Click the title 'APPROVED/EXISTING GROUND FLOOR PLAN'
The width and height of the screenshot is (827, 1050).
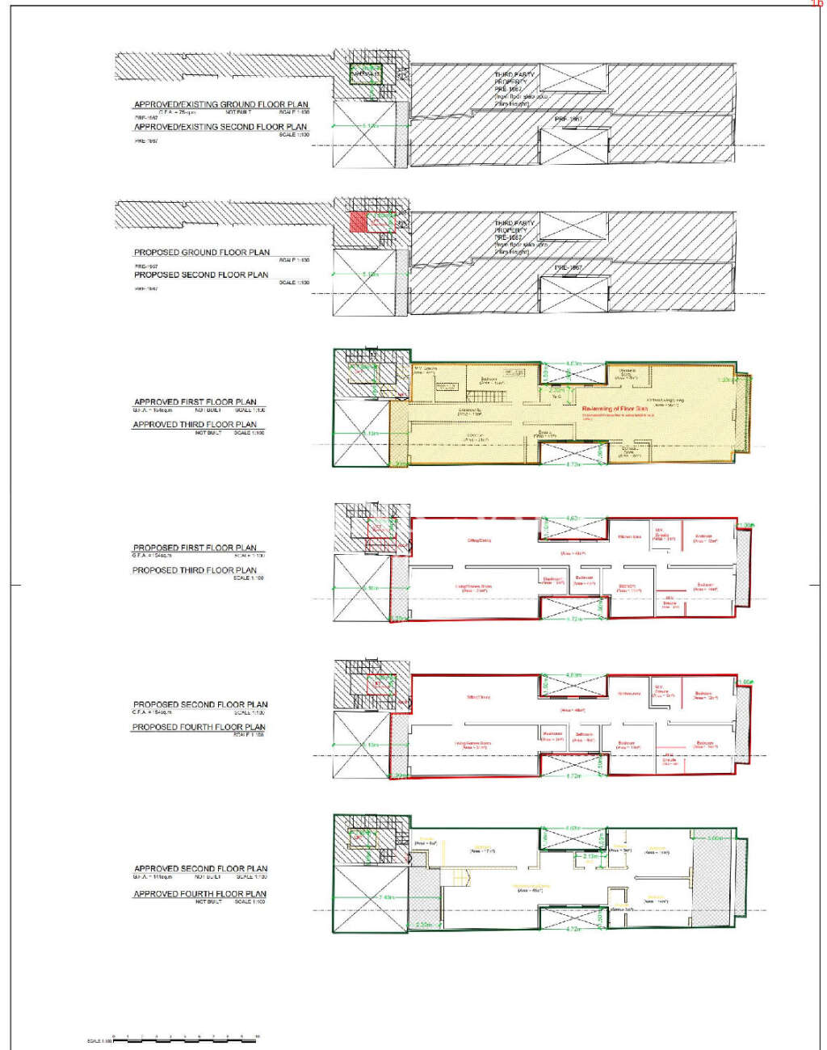pyautogui.click(x=220, y=104)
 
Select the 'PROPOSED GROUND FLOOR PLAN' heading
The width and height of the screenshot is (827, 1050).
pyautogui.click(x=202, y=252)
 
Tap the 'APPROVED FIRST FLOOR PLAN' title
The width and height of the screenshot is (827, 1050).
pyautogui.click(x=195, y=401)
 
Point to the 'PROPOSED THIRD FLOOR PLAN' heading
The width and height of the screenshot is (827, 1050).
pyautogui.click(x=195, y=570)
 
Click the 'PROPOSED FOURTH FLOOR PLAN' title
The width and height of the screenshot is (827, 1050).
pyautogui.click(x=199, y=727)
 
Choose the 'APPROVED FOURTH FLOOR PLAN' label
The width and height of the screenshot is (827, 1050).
pyautogui.click(x=199, y=894)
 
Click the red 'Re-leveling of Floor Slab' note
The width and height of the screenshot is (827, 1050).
pyautogui.click(x=615, y=409)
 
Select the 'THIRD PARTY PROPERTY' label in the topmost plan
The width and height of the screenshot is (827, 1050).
pyautogui.click(x=514, y=78)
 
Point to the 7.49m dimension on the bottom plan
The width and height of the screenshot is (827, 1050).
pyautogui.click(x=386, y=897)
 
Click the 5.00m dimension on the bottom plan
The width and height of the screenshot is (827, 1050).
pyautogui.click(x=714, y=838)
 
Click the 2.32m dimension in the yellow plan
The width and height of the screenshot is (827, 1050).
pyautogui.click(x=556, y=389)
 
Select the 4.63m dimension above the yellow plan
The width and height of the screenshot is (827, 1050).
pyautogui.click(x=573, y=363)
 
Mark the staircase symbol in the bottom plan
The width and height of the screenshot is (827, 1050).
pyautogui.click(x=461, y=877)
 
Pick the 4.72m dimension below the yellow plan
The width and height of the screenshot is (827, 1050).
pyautogui.click(x=573, y=464)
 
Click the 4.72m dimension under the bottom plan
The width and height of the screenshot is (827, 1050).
pyautogui.click(x=573, y=929)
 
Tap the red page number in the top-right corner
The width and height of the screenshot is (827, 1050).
pyautogui.click(x=817, y=4)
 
